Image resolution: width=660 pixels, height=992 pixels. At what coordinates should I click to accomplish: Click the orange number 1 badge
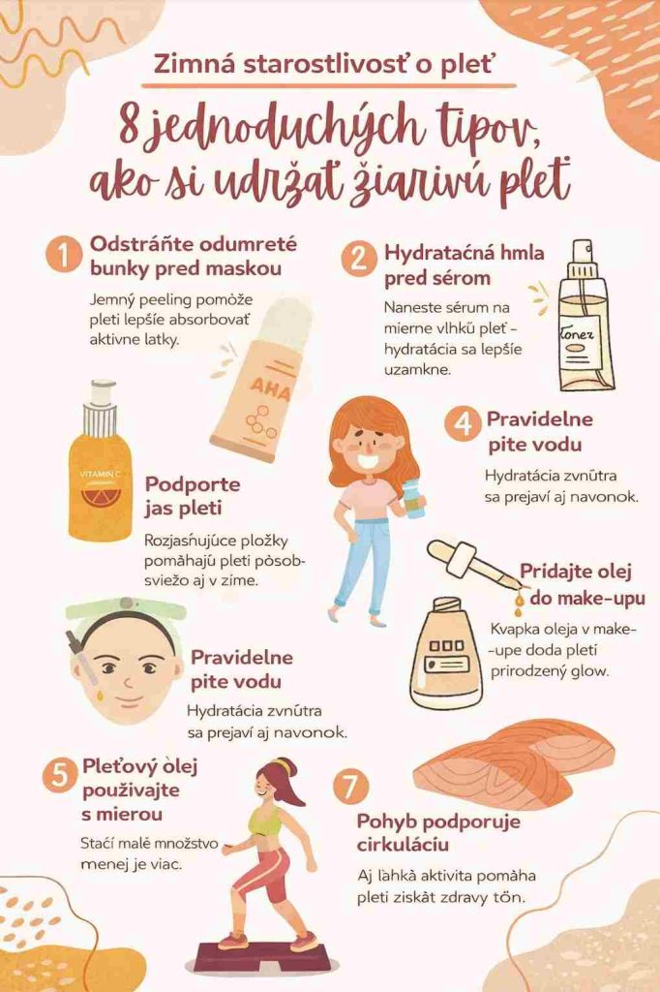(64, 256)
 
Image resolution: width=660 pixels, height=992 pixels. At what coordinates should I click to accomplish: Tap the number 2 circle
(358, 258)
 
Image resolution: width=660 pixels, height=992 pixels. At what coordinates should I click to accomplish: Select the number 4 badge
(464, 423)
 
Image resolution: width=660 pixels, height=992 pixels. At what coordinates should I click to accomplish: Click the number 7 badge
(350, 786)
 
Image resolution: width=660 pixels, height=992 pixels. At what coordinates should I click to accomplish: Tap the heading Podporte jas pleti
(193, 496)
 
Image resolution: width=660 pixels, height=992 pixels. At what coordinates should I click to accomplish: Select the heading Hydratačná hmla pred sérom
(464, 265)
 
